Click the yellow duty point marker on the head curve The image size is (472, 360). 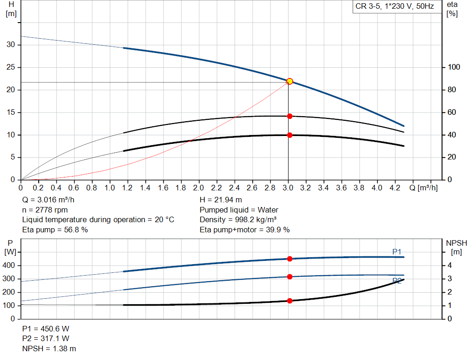[289, 81]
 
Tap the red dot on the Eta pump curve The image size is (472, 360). [289, 116]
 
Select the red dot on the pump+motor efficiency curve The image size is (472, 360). [289, 135]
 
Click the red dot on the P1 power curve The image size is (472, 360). [289, 259]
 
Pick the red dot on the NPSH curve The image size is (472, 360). [289, 301]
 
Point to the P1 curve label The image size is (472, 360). [397, 251]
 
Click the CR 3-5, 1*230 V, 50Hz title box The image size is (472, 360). [395, 7]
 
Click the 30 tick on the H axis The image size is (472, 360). [11, 45]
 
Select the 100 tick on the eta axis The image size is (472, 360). [454, 67]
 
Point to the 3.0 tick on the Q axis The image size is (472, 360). [288, 188]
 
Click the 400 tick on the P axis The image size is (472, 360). [10, 266]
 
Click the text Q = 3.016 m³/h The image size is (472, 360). [48, 200]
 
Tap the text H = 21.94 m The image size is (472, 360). [220, 200]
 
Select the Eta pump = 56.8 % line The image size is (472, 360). [55, 230]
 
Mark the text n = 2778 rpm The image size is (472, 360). [45, 210]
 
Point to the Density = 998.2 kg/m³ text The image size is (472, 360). [238, 220]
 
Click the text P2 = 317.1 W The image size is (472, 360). [46, 339]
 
